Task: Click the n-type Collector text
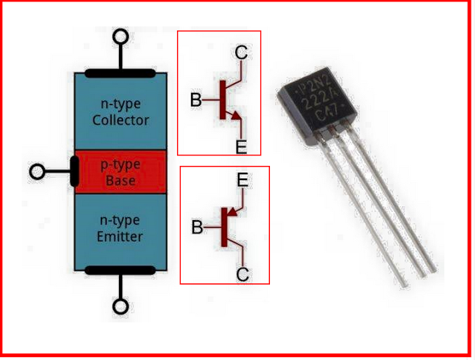click(x=120, y=112)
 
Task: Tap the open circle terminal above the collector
click(x=120, y=37)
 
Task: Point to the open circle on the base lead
click(x=37, y=172)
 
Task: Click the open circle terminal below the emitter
click(x=120, y=306)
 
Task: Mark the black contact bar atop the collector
click(x=120, y=74)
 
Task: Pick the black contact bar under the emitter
click(x=120, y=269)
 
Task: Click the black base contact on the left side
click(x=74, y=172)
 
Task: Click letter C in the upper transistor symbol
click(x=241, y=52)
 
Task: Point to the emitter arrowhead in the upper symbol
click(x=236, y=115)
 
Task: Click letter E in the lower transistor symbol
click(x=242, y=180)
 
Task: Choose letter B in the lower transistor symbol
click(x=197, y=228)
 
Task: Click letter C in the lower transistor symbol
click(x=242, y=274)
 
